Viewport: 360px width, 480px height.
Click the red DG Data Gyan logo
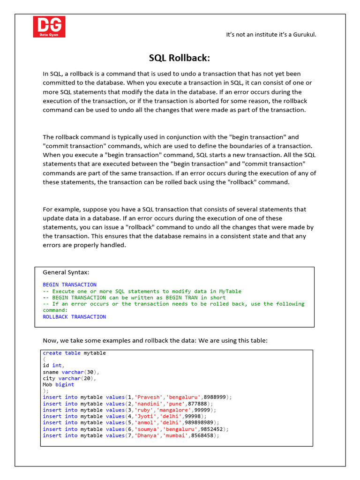[x=49, y=27]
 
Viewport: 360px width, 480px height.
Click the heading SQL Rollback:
[x=180, y=58]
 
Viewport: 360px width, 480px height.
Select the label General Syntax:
[x=66, y=272]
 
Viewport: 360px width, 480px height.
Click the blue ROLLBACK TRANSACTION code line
[x=74, y=317]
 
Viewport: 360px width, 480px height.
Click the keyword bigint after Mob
[x=65, y=384]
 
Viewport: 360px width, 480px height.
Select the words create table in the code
[x=61, y=353]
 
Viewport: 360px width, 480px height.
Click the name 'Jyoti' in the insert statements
[x=146, y=416]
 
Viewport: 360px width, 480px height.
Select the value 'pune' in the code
[x=174, y=404]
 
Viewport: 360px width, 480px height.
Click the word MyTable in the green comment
[x=230, y=291]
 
